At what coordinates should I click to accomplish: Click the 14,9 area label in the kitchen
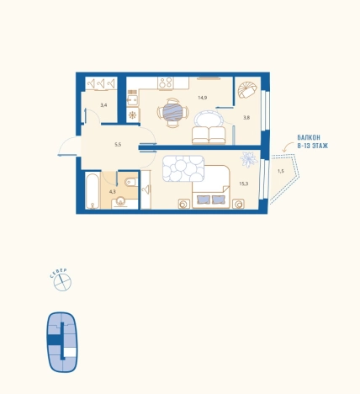point(203,98)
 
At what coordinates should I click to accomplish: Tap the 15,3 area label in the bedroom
point(244,184)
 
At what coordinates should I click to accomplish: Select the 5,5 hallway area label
point(118,145)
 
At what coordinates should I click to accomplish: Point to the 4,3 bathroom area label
point(113,192)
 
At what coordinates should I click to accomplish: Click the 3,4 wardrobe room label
point(103,105)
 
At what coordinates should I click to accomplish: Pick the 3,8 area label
point(246,118)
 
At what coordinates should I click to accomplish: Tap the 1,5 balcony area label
point(281,171)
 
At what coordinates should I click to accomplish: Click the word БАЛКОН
point(309,138)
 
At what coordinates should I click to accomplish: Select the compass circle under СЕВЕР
point(62,282)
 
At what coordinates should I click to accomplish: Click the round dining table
point(172,112)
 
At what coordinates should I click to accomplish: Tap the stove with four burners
point(166,83)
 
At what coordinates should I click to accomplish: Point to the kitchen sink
point(132,99)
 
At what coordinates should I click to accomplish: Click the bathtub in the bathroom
point(93,191)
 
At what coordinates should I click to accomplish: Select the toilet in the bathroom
point(131,182)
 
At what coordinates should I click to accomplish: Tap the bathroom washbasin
point(121,201)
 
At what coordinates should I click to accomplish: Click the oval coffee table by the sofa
point(209,120)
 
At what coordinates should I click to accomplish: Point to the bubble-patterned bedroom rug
point(183,168)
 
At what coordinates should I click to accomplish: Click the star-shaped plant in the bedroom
point(249,159)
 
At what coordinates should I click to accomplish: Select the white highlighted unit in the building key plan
point(70,352)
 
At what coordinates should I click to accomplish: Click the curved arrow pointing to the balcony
point(288,147)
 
